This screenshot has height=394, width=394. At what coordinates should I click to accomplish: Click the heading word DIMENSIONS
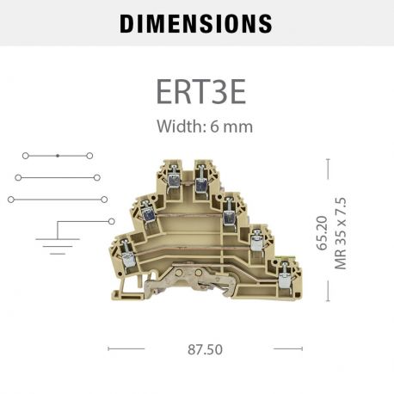click(196, 23)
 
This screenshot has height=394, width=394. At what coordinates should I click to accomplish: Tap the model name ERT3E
click(197, 90)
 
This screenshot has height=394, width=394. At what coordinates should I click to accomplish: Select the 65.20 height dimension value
click(323, 232)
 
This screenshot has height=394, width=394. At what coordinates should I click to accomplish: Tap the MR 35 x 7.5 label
click(341, 232)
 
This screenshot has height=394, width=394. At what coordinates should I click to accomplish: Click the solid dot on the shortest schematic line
click(57, 156)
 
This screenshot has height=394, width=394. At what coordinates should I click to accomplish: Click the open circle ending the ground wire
click(113, 220)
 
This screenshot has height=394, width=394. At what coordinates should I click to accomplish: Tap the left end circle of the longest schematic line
click(11, 199)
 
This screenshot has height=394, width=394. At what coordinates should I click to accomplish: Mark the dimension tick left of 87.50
click(126, 348)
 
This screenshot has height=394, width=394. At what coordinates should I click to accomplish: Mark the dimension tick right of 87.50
click(287, 348)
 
